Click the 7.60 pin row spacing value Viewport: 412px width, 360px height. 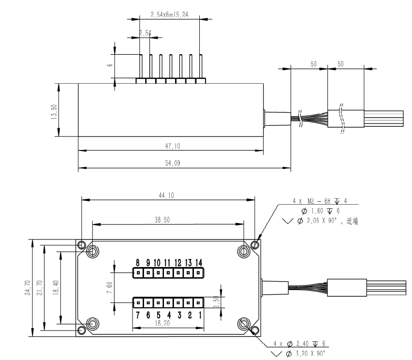coord(111,287)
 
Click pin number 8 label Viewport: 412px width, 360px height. coord(137,262)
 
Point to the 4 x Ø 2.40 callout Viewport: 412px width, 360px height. coord(309,343)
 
